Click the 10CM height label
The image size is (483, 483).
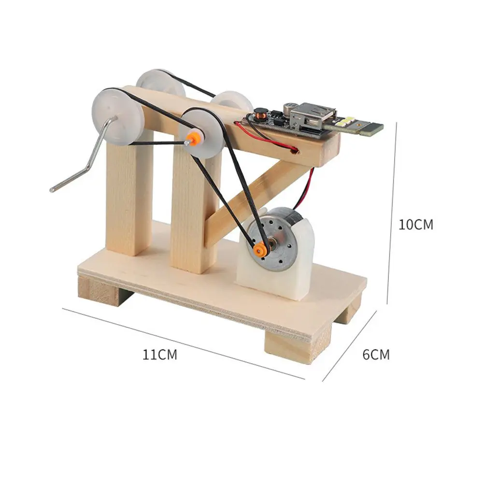(x=416, y=225)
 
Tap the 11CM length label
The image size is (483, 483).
(x=160, y=355)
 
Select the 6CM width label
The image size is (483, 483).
(x=376, y=355)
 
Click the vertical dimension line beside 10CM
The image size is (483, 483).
(x=392, y=213)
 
